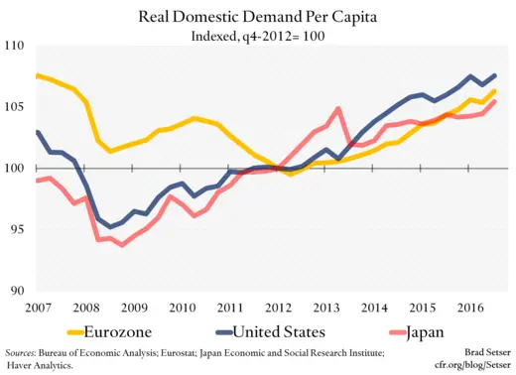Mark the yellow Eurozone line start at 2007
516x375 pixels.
pos(37,75)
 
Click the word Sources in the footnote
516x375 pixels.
pos(20,352)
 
